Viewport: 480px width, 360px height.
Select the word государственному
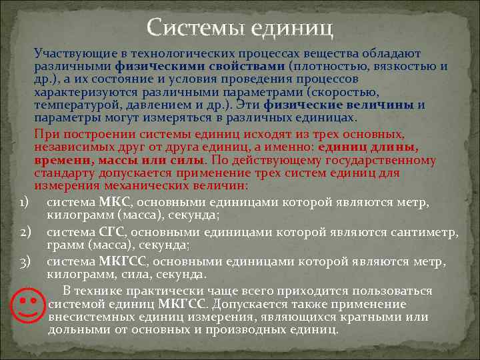click(x=381, y=161)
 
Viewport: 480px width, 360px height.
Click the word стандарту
click(x=61, y=173)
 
